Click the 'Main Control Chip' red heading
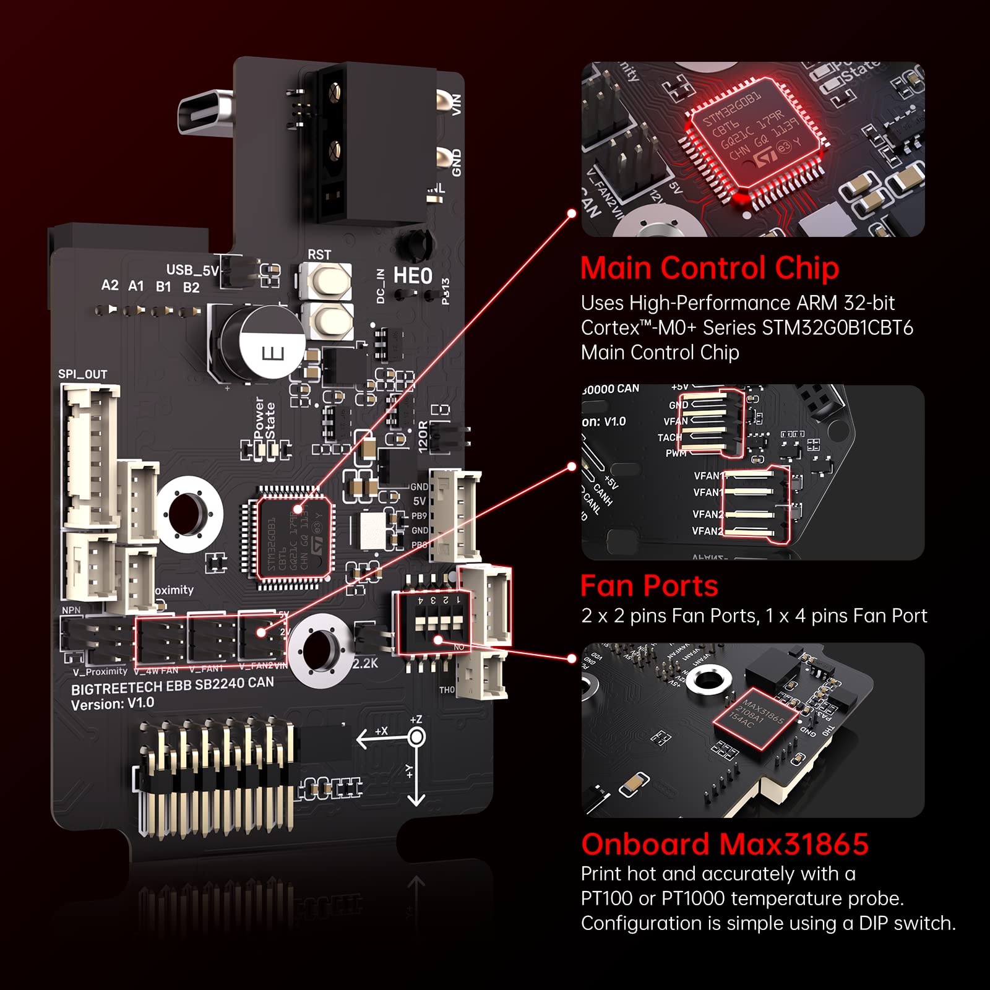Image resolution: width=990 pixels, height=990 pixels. coord(709,269)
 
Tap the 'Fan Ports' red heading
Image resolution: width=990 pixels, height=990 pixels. coord(649,586)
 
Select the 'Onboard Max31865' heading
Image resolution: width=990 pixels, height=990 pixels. coord(725,845)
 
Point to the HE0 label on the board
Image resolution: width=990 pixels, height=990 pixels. coord(413,276)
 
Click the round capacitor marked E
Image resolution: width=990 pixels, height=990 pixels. coord(263,343)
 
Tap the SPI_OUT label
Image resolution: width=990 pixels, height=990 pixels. coord(82,374)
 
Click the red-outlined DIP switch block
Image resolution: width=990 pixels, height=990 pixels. coord(433,622)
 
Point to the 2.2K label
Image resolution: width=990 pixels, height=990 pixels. coord(365,663)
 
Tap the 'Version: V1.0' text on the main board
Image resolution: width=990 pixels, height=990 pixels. coord(112,704)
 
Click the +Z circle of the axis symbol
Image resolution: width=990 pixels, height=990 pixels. coord(416,737)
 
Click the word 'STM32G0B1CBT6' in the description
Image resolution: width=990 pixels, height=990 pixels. coord(837,328)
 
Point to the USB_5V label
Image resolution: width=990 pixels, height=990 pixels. coord(192,270)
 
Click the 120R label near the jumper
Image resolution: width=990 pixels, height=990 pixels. coord(423,437)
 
